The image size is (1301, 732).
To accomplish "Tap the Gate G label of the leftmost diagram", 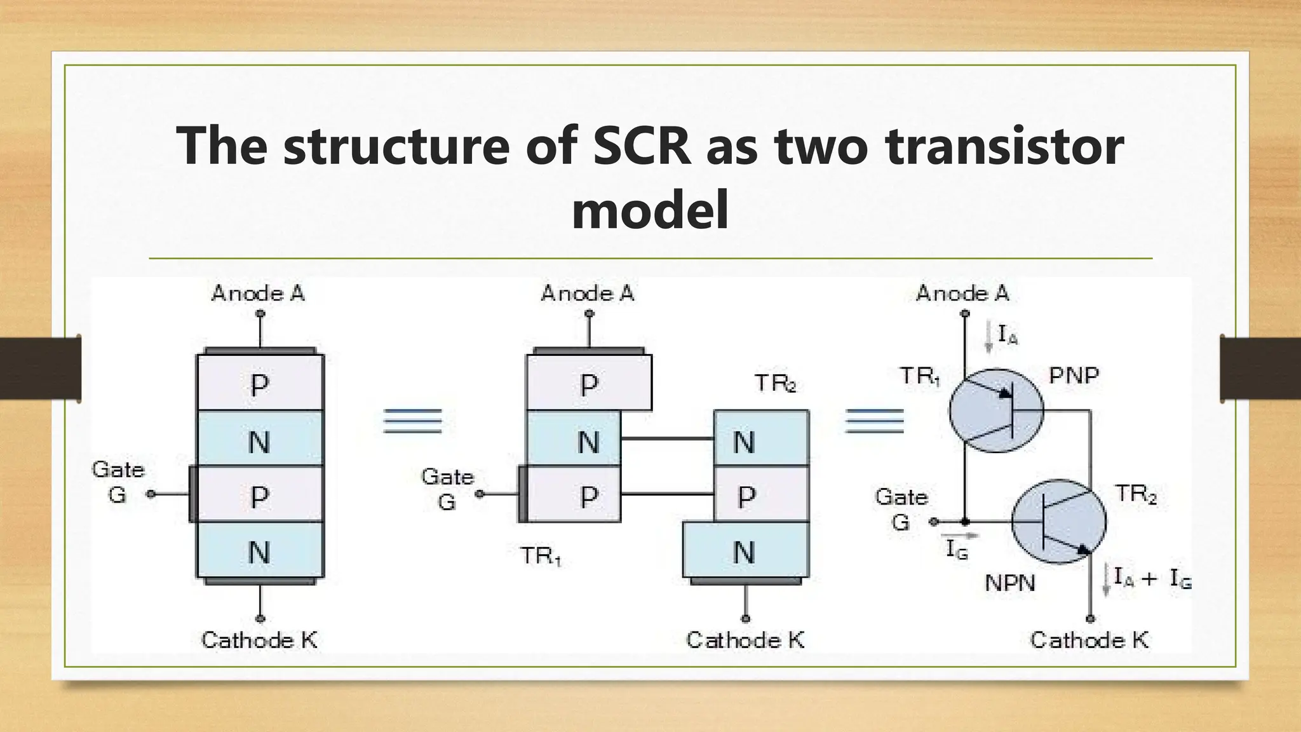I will click(118, 482).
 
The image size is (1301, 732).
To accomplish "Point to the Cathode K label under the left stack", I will click(259, 640).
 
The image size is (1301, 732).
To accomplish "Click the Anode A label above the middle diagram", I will click(588, 293).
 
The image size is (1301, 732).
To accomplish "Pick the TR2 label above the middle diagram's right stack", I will click(775, 384).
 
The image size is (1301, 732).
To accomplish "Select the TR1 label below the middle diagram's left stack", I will click(541, 557).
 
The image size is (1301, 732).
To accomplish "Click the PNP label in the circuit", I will click(1074, 376).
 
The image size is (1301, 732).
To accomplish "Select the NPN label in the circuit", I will click(1010, 583).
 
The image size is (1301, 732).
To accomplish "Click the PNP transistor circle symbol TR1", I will click(996, 411).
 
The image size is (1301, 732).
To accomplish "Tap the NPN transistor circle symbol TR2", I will click(1058, 522).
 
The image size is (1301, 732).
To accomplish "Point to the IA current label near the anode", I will click(1008, 334).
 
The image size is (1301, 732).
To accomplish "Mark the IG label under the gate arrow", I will click(957, 550).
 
